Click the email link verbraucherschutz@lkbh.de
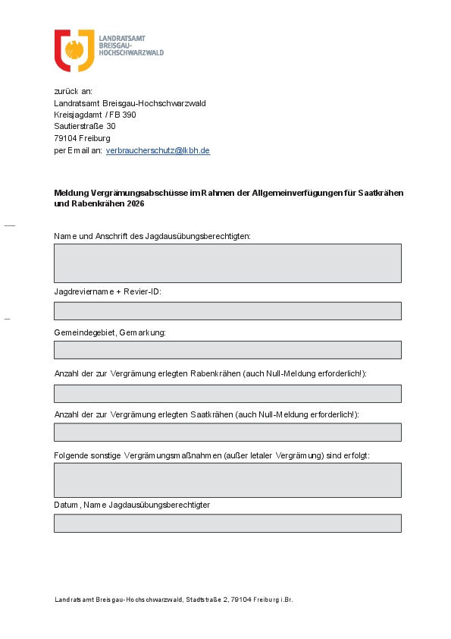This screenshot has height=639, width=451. point(158,151)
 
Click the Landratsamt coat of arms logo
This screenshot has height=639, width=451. point(74,51)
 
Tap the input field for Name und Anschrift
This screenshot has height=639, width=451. point(227,263)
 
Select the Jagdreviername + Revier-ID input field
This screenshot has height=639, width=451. point(227,311)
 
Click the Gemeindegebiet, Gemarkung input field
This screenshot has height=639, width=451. point(227,350)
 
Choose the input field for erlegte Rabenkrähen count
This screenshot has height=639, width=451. point(227,393)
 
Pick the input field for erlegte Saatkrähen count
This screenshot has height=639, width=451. point(227,432)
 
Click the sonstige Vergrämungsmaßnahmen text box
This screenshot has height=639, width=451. point(227,480)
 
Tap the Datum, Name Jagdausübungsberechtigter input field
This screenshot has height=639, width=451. point(227,523)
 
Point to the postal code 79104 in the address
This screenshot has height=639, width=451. point(66,139)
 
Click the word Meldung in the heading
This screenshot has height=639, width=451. point(71,194)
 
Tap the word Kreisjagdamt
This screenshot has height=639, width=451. point(78,115)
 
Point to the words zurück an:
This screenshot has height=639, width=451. point(73,92)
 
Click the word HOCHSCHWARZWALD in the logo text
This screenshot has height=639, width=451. point(132,53)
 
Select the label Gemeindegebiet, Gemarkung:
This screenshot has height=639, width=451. point(110,332)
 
